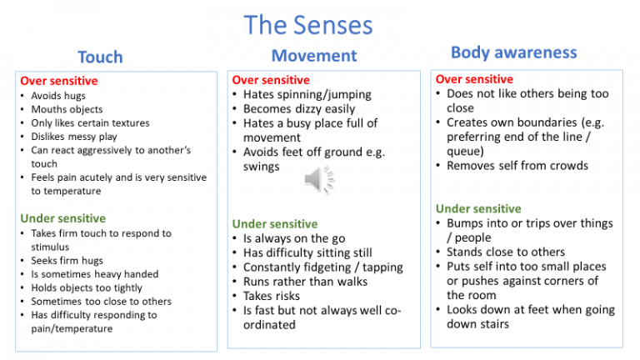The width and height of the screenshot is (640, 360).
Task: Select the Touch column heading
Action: point(100,57)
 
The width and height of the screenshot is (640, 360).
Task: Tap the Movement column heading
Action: point(314,56)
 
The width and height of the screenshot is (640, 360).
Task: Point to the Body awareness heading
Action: point(513,52)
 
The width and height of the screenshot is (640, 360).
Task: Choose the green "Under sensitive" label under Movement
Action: point(274,223)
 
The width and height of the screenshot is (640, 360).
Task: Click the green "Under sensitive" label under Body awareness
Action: point(477,208)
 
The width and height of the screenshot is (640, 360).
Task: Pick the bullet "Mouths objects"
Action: point(67,109)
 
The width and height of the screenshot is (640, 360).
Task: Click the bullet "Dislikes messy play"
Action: point(74,137)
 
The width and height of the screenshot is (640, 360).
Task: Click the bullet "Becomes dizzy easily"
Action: point(299,109)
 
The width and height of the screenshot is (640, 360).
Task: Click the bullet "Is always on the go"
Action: point(293,238)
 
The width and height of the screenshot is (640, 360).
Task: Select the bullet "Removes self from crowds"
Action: point(517,165)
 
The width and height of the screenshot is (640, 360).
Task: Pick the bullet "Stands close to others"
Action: point(506,252)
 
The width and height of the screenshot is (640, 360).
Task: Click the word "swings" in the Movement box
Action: point(262,167)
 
